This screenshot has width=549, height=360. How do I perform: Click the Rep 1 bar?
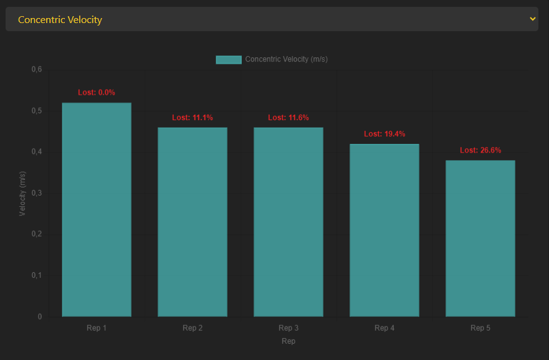pos(97,209)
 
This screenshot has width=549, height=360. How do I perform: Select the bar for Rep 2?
pos(193,222)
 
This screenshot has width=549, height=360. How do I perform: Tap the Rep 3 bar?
pos(289,222)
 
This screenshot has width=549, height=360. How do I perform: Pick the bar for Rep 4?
pos(384,230)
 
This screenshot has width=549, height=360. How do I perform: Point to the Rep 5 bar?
pos(480,238)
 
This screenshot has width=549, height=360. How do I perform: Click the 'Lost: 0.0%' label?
pos(97,92)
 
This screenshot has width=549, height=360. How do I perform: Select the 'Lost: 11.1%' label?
pos(193,118)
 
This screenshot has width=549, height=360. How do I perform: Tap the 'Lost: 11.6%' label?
pos(289,118)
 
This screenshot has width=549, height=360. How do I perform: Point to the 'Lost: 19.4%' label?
pos(384,134)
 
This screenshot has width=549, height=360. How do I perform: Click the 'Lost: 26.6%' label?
pos(480,150)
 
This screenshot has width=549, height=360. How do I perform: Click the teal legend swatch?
pos(228,59)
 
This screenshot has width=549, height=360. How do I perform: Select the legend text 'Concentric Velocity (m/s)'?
pos(287,59)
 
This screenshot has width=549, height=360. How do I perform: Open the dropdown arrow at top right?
pos(532,19)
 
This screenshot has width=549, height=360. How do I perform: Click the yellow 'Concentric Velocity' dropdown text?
pos(60,19)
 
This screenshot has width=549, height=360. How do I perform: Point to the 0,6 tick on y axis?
pos(37,69)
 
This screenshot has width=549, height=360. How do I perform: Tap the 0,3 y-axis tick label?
pos(37,193)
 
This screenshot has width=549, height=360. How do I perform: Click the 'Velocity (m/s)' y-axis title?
pos(22,193)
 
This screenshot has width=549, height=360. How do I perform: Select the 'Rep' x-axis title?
pos(289,341)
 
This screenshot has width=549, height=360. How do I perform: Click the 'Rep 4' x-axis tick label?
pos(384,328)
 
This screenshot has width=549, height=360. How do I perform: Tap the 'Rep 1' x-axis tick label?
pos(97,328)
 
